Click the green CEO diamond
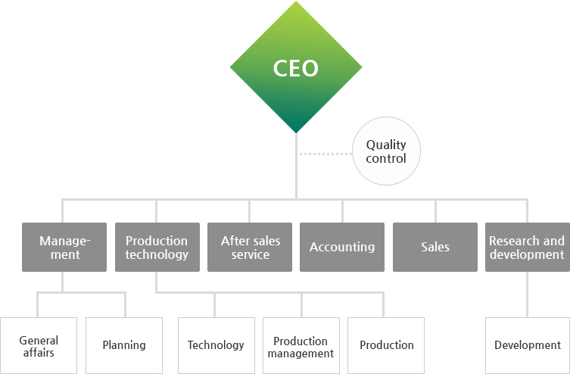pos(295,68)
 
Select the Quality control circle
pos(386,151)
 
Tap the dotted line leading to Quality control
pos(325,154)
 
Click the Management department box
pos(64,247)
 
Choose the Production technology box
pos(157,247)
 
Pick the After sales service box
pos(250,247)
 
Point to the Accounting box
pos(342,247)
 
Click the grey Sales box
pos(435,247)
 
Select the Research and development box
pos(527,247)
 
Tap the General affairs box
pos(39,345)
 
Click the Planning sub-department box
pos(123,345)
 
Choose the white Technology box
pos(216,345)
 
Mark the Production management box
pos(301,345)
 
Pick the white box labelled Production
pos(386,345)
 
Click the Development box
pos(527,345)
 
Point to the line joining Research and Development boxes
pos(527,294)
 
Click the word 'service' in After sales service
pos(251,255)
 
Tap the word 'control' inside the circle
pos(386,159)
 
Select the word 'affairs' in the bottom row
pos(39,353)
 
